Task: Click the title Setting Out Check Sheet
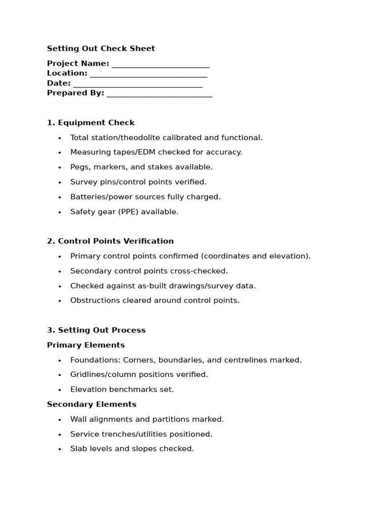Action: click(x=101, y=49)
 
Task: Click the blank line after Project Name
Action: click(x=161, y=65)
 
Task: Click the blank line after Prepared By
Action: click(x=160, y=94)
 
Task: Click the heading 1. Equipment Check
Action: click(x=91, y=122)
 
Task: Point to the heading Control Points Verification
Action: click(x=116, y=241)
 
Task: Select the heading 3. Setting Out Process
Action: click(x=96, y=330)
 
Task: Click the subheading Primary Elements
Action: click(x=86, y=345)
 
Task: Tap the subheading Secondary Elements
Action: click(x=91, y=404)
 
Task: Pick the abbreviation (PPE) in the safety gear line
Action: click(x=129, y=212)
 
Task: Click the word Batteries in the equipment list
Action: click(x=87, y=197)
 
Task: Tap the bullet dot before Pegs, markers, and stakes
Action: click(x=60, y=167)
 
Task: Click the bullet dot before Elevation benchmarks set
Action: click(x=60, y=390)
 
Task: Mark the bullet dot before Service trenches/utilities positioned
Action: click(x=60, y=435)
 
